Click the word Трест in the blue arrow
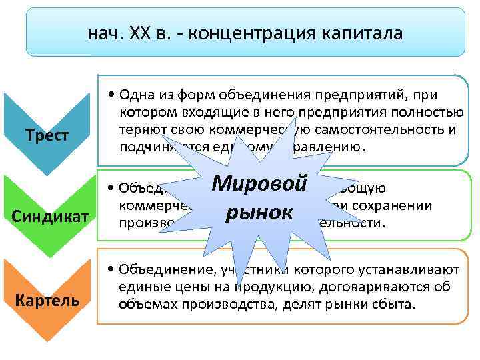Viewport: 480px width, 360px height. (47, 135)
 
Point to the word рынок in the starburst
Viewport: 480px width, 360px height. (259, 213)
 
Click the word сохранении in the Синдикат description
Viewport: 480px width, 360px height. (401, 206)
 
